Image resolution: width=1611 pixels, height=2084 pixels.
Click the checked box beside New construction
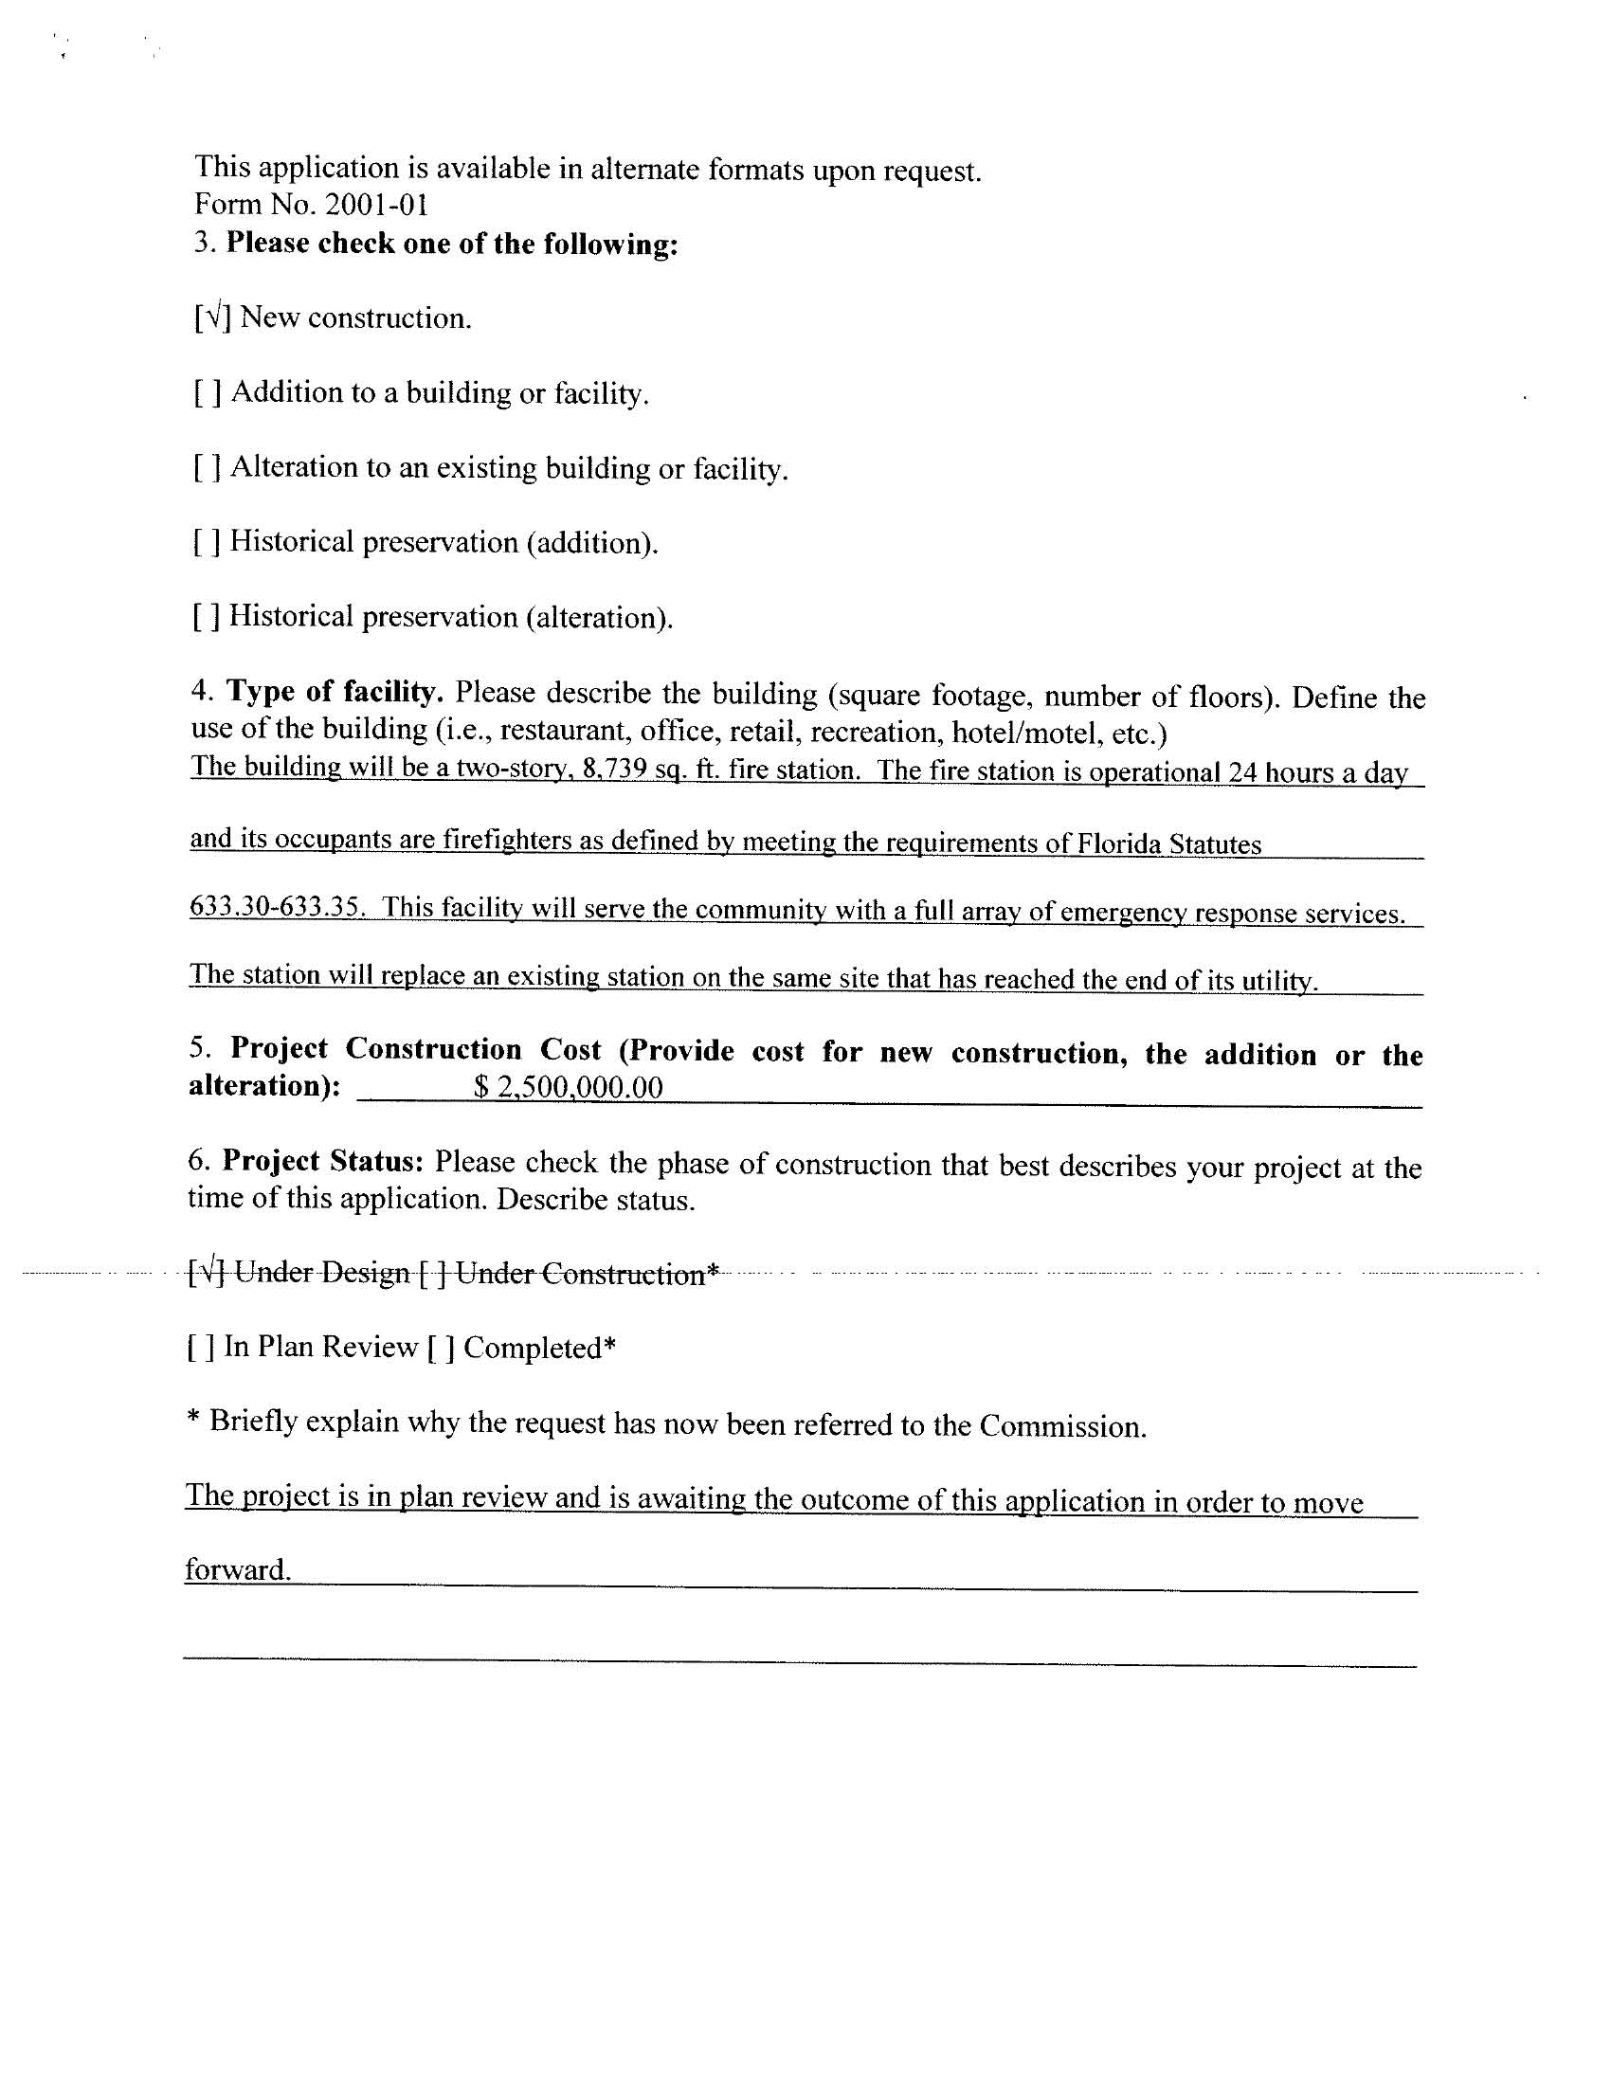[x=213, y=317]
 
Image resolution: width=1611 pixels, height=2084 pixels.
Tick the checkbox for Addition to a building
[x=208, y=392]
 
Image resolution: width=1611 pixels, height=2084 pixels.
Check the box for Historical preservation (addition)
[x=208, y=542]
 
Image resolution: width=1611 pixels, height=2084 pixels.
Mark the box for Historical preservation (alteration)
[x=207, y=616]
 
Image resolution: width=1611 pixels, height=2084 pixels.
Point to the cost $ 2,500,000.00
[x=568, y=1087]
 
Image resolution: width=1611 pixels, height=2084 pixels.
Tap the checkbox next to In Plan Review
[x=200, y=1347]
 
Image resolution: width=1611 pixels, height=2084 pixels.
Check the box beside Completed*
[x=440, y=1348]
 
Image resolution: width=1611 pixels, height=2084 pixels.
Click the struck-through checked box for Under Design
[x=208, y=1272]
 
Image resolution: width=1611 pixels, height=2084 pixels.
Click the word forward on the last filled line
[x=237, y=1569]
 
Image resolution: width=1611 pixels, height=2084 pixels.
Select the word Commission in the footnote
[x=1061, y=1426]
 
